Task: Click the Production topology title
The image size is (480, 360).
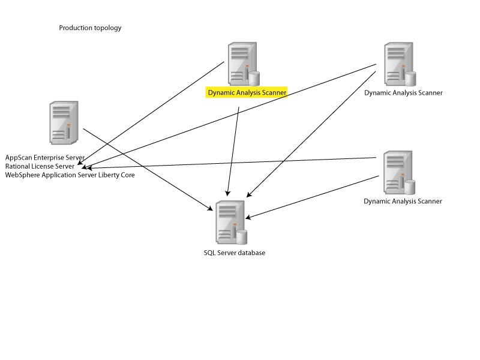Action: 90,28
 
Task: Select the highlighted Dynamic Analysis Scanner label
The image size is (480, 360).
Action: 247,93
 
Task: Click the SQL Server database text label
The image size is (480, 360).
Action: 234,253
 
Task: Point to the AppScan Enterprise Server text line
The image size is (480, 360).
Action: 45,157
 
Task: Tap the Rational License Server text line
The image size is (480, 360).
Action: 40,166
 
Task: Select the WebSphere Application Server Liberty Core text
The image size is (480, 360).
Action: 70,175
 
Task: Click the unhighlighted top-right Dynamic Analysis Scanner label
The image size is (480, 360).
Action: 403,93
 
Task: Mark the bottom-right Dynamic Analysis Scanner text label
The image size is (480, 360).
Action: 403,201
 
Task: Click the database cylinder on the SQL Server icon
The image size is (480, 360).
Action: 241,236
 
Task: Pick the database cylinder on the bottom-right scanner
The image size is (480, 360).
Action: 410,187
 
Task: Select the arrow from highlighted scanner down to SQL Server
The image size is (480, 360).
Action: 234,150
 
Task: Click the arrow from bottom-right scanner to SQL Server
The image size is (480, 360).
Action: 312,197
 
